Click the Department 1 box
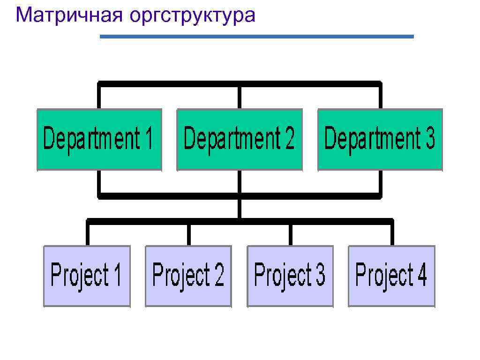99,139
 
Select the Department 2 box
240,139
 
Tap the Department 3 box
380,139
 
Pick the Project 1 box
87,276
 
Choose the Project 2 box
188,276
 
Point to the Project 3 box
290,276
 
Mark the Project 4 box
391,276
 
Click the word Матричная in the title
69,15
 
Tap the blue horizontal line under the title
257,36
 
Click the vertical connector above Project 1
88,233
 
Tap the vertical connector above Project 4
392,233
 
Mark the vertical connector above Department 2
239,97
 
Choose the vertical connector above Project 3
291,234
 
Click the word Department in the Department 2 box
227,139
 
